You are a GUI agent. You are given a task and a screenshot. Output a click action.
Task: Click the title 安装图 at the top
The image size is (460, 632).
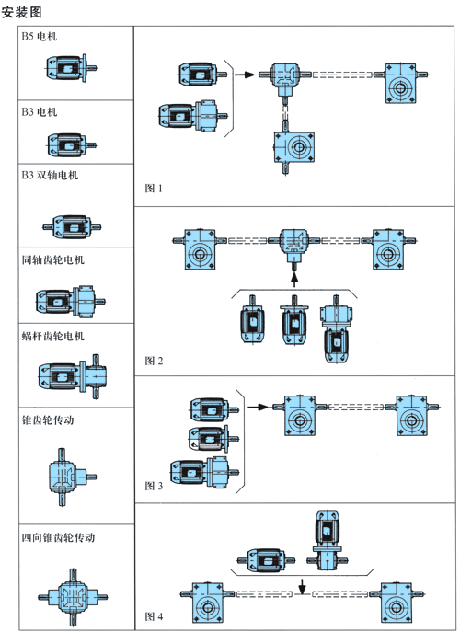21,12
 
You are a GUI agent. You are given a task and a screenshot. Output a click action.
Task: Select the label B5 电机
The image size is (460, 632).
40,37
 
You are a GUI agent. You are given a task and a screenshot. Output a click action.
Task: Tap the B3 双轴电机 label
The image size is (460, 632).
50,176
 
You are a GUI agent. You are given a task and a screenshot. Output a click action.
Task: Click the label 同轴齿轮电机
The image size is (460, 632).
53,260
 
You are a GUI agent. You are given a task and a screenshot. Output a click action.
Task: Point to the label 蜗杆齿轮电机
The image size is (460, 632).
53,336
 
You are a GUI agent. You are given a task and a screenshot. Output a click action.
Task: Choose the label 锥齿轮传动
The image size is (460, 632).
48,420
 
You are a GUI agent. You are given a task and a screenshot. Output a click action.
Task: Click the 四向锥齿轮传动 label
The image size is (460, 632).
59,537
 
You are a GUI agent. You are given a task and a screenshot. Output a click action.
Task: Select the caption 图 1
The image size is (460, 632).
154,189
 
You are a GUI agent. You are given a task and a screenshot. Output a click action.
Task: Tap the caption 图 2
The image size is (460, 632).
154,361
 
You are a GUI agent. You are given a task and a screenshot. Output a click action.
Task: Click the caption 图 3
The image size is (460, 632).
154,486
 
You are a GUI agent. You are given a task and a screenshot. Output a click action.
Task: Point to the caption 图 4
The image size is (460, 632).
154,616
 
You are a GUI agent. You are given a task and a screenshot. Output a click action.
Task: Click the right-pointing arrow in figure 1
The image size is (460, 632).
245,75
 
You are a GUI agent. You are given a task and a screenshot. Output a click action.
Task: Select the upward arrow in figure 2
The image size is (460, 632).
294,280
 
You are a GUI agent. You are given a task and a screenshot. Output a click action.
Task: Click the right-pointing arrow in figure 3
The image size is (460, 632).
258,408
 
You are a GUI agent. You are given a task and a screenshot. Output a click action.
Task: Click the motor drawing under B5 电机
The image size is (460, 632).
71,68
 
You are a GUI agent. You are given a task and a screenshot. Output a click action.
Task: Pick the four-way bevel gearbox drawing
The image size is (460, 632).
73,597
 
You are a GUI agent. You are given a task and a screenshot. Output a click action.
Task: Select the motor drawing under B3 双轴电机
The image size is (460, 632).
72,227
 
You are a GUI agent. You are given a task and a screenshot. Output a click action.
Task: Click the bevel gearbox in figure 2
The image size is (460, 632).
294,246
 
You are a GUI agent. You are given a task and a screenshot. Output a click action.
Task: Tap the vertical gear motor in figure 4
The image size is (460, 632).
328,539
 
